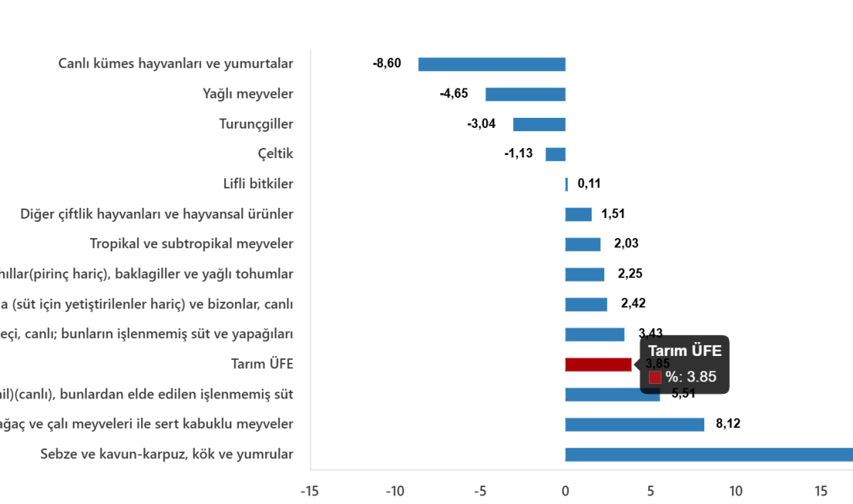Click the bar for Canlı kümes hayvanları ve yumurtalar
coord(492,64)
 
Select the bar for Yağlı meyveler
coord(525,94)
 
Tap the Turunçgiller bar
coord(539,124)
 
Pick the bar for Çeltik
coord(555,154)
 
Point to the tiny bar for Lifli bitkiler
coord(566,185)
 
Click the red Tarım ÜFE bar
coord(598,364)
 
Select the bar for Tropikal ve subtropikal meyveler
coord(583,244)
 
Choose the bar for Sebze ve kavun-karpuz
coord(708,454)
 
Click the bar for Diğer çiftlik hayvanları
coord(578,215)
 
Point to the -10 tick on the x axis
coord(395,491)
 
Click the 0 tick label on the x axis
coord(565,491)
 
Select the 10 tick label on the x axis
coord(735,491)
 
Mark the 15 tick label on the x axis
coord(820,491)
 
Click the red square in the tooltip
coord(654,378)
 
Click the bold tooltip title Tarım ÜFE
coord(685,351)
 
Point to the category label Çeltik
coord(275,154)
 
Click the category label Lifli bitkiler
coord(258,185)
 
